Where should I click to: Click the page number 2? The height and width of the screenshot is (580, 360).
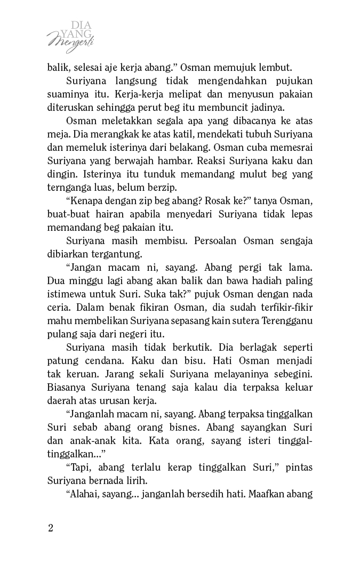[51, 528]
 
